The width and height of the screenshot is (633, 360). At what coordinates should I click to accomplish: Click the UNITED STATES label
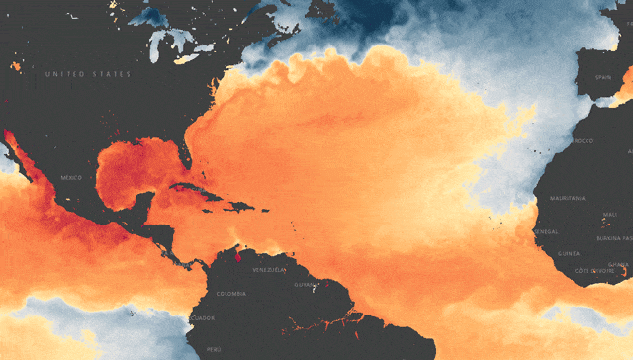click(x=87, y=74)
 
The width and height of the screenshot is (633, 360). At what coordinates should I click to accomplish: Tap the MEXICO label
click(x=71, y=178)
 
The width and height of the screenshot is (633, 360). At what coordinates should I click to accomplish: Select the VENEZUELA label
click(x=268, y=270)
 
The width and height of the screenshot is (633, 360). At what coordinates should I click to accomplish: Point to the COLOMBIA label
click(x=230, y=293)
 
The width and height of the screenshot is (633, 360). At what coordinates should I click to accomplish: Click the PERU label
click(x=214, y=349)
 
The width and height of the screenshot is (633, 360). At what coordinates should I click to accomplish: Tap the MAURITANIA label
click(x=568, y=198)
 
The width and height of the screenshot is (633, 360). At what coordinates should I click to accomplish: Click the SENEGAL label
click(x=545, y=231)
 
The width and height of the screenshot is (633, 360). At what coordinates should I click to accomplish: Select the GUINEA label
click(x=569, y=254)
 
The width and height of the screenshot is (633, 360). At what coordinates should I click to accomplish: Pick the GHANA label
click(x=618, y=264)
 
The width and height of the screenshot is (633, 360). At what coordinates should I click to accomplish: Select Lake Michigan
click(x=159, y=45)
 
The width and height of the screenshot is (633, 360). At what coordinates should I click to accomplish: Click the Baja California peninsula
click(x=14, y=148)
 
